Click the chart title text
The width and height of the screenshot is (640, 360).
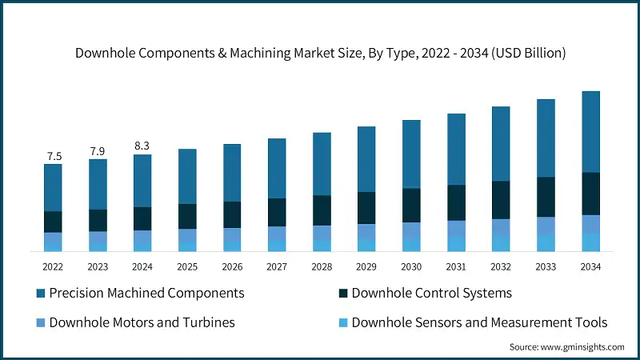tap(320, 54)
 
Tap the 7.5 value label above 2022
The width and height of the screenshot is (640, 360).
tap(53, 156)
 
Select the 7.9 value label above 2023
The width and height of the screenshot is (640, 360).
tap(98, 151)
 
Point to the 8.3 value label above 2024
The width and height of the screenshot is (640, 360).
tap(142, 146)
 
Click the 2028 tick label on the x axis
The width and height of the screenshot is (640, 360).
tap(322, 266)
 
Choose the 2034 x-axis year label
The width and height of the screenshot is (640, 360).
tap(590, 266)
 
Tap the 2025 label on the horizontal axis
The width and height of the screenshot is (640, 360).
tap(187, 266)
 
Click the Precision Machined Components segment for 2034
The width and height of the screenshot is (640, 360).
tap(590, 131)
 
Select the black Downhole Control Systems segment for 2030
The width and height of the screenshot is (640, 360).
tap(411, 205)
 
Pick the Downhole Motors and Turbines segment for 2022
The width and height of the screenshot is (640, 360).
tap(53, 239)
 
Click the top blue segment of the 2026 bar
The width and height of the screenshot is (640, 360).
tap(232, 172)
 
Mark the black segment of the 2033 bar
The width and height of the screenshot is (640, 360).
tap(546, 197)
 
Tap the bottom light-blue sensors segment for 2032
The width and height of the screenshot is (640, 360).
tap(501, 244)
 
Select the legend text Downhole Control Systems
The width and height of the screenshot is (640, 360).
tap(431, 293)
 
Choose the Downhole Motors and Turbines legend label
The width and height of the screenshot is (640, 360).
tap(142, 322)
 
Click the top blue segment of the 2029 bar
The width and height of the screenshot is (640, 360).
tap(366, 158)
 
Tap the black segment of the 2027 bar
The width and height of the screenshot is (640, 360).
tap(277, 212)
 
